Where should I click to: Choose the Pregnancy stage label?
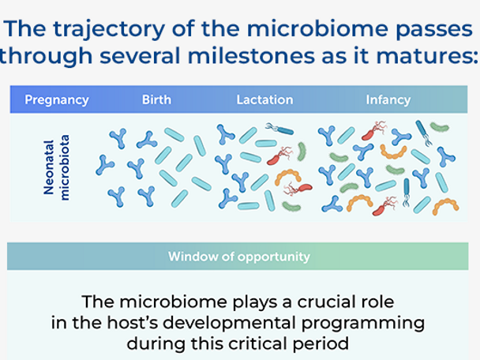[57, 100]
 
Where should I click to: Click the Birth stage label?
[156, 100]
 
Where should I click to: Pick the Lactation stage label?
[264, 100]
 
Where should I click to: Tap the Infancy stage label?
[388, 100]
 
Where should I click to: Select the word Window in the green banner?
[188, 257]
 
